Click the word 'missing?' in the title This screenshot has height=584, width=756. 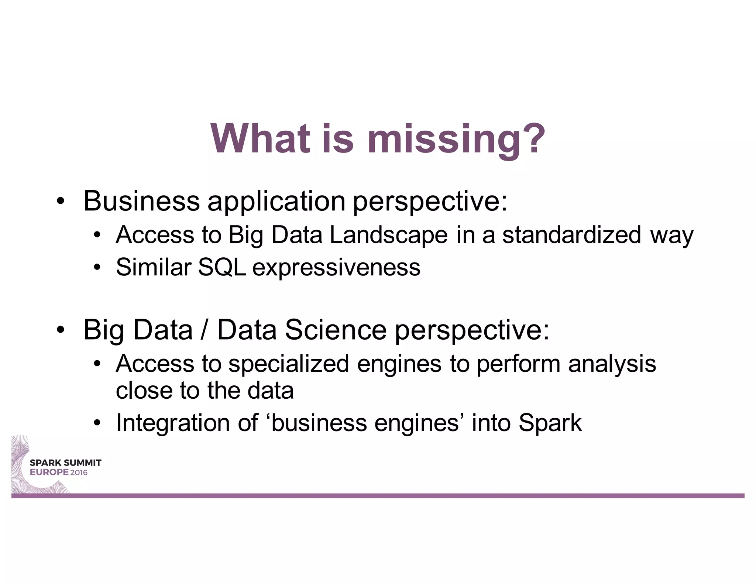click(x=456, y=139)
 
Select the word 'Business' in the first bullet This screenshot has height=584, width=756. click(x=141, y=201)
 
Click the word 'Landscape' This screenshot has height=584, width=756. click(x=388, y=235)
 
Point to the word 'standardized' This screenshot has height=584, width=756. click(x=571, y=235)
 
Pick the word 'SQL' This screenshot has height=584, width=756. click(x=221, y=267)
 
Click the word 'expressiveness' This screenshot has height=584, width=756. click(x=336, y=268)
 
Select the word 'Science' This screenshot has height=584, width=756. click(x=336, y=330)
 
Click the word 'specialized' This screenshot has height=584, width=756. click(x=289, y=364)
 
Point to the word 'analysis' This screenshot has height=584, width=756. click(x=612, y=364)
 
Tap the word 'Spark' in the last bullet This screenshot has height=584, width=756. click(x=550, y=423)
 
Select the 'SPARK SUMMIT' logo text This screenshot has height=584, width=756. click(x=65, y=463)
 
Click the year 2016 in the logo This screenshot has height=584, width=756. click(x=79, y=473)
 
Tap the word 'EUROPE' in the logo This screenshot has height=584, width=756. click(x=49, y=473)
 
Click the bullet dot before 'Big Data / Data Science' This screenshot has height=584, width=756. click(x=61, y=330)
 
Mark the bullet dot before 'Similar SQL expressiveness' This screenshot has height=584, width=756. click(x=97, y=267)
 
